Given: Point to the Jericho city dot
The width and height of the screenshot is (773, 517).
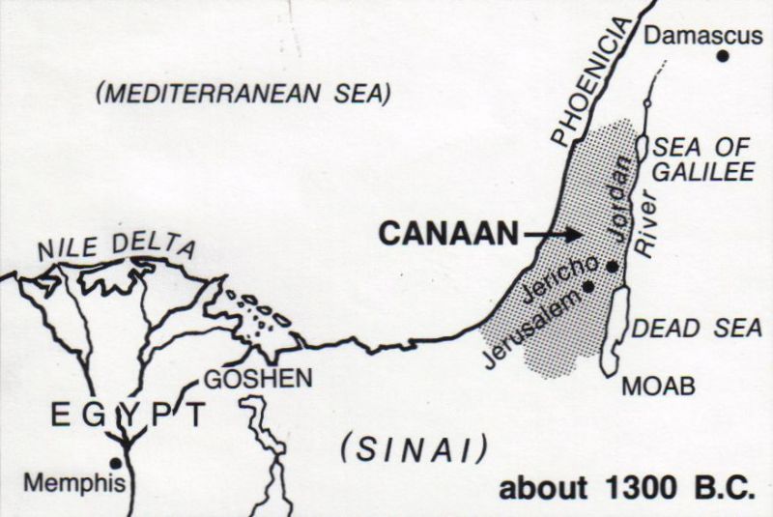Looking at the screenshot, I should coord(612,266).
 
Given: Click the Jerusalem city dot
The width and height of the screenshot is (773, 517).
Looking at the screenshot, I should coord(589,286).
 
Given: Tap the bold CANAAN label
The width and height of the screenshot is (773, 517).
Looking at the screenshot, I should coord(443,233).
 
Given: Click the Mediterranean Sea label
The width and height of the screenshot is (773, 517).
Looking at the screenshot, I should coord(243,94).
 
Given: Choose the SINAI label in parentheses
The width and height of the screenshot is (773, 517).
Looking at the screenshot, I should coord(415,447).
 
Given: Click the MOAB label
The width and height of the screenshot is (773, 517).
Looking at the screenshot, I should coord(657,386).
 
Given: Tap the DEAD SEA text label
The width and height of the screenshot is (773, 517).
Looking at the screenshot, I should coord(696,329).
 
